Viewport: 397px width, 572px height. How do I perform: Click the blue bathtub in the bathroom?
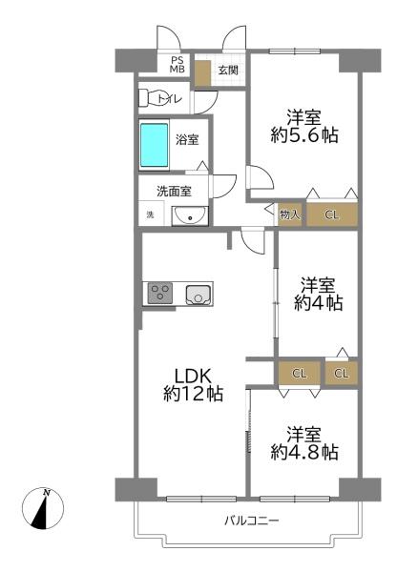coord(155,145)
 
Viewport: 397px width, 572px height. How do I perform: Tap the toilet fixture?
coord(151,97)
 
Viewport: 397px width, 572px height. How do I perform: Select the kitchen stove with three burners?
coord(160,293)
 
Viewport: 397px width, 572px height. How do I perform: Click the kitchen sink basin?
coord(198,295)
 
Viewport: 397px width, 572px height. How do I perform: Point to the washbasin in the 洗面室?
coord(190,216)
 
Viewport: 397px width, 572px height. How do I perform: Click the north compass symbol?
coord(43,508)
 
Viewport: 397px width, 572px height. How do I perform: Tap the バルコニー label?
coord(252,520)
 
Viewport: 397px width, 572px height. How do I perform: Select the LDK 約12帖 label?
coord(193,385)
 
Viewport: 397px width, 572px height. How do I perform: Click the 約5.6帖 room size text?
coord(304,135)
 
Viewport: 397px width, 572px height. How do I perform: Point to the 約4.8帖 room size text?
coord(304,452)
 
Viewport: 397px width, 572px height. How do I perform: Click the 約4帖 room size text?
coord(318,303)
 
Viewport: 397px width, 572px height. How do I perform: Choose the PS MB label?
coord(178,65)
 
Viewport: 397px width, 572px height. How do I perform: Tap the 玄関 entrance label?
coord(228,70)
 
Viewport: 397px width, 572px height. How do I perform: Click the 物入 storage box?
coord(290,215)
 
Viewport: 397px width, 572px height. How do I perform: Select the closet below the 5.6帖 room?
coord(331,214)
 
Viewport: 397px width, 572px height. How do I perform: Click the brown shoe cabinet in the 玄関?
coord(202,73)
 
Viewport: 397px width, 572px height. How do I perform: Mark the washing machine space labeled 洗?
coord(150,214)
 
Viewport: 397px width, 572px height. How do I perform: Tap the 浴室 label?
coord(187,140)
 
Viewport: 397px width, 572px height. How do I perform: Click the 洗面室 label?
coord(174,192)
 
